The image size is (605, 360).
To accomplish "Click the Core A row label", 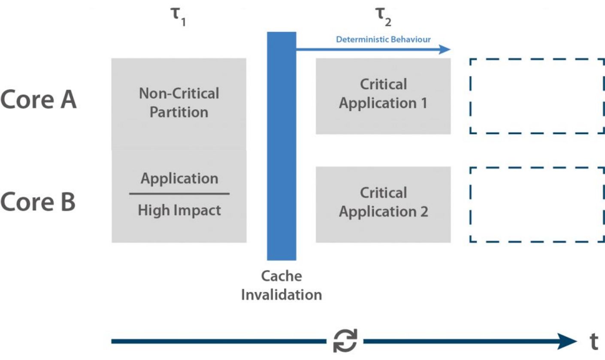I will (x=38, y=100).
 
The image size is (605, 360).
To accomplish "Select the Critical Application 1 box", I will (x=383, y=96).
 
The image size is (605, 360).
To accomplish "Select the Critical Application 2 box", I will (x=383, y=204).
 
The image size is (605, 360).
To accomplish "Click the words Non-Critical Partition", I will (x=179, y=103).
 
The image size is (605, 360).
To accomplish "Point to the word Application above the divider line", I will (x=179, y=178).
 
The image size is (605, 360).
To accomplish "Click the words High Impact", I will (x=179, y=210).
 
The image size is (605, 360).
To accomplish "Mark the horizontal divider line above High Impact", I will (x=179, y=194).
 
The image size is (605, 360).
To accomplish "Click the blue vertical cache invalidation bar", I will (x=281, y=146).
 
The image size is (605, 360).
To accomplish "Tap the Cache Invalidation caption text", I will (x=281, y=285).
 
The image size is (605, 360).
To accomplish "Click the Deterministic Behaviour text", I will (x=383, y=40).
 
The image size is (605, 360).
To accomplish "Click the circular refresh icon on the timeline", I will (x=345, y=342).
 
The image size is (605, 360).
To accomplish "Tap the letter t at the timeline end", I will (x=594, y=342).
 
